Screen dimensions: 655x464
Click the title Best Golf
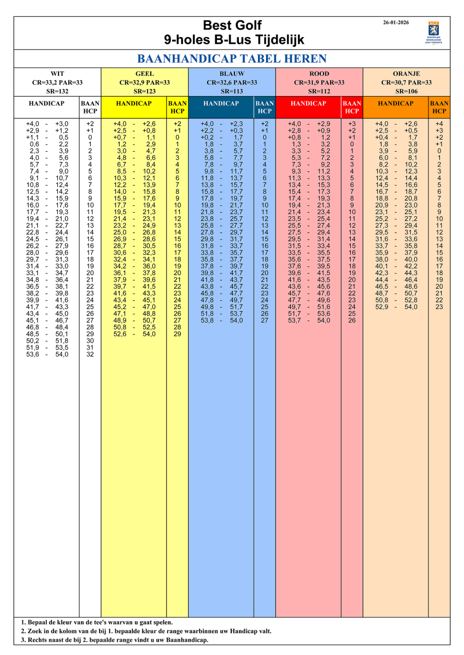pyautogui.click(x=232, y=25)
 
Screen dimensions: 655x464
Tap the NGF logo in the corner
pyautogui.click(x=433, y=32)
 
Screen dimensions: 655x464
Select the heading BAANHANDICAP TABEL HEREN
pyautogui.click(x=232, y=59)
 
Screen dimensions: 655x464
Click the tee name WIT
pyautogui.click(x=57, y=74)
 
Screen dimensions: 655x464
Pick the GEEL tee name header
pyautogui.click(x=144, y=74)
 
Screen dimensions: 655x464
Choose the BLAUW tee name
pyautogui.click(x=232, y=74)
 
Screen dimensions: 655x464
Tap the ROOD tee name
pyautogui.click(x=319, y=74)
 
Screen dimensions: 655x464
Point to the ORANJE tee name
pyautogui.click(x=407, y=74)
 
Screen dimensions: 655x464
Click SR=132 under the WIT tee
pyautogui.click(x=57, y=91)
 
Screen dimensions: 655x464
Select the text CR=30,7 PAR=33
pyautogui.click(x=407, y=82)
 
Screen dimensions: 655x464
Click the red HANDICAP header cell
pyautogui.click(x=308, y=104)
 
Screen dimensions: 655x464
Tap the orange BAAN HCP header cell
pyautogui.click(x=439, y=107)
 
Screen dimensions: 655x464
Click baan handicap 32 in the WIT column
pyautogui.click(x=90, y=354)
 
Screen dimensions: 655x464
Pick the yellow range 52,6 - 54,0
pyautogui.click(x=134, y=334)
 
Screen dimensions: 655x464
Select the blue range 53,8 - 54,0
pyautogui.click(x=222, y=320)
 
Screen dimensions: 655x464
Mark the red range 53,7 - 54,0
pyautogui.click(x=309, y=320)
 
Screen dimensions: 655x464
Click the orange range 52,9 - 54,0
pyautogui.click(x=396, y=307)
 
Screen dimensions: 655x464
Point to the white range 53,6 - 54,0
pyautogui.click(x=47, y=354)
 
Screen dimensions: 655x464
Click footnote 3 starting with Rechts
pyautogui.click(x=114, y=640)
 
